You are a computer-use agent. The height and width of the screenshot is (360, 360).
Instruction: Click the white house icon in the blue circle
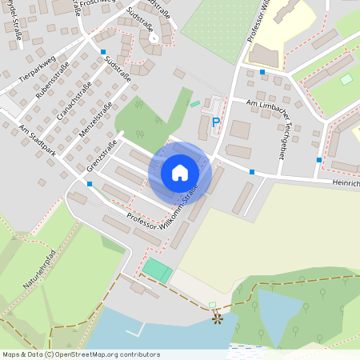pyautogui.click(x=180, y=172)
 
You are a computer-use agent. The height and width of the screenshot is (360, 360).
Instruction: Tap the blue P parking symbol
pyautogui.click(x=215, y=122)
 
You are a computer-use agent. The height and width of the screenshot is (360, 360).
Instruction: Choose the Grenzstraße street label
pyautogui.click(x=102, y=157)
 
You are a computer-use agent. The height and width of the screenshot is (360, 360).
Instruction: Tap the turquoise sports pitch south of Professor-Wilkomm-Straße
pyautogui.click(x=158, y=270)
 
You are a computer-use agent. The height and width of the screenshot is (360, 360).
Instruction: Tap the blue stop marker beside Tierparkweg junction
pyautogui.click(x=103, y=52)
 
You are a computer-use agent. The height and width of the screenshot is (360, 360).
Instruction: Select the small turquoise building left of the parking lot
pyautogui.click(x=195, y=104)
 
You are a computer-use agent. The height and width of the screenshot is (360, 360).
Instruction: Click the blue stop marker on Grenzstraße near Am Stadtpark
pyautogui.click(x=90, y=184)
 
